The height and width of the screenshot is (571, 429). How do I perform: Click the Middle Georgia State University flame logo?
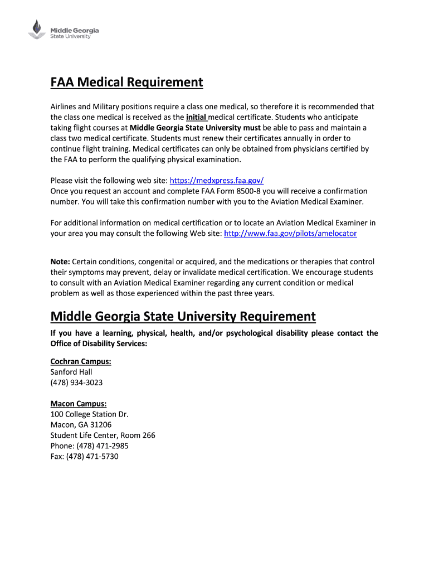pyautogui.click(x=37, y=29)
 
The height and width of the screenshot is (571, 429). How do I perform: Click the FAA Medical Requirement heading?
pyautogui.click(x=126, y=83)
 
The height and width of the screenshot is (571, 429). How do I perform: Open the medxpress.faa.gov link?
pyautogui.click(x=216, y=180)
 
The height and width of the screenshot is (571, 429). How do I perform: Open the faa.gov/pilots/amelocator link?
pyautogui.click(x=290, y=234)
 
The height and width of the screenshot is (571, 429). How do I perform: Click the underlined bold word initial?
pyautogui.click(x=196, y=117)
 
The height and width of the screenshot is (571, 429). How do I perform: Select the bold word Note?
pyautogui.click(x=60, y=262)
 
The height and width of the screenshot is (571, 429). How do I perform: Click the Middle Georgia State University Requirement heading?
pyautogui.click(x=183, y=317)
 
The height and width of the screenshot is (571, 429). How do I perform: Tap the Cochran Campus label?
pyautogui.click(x=81, y=361)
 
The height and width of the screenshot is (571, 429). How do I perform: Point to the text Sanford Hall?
pyautogui.click(x=71, y=372)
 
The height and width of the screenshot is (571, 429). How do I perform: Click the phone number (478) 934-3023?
pyautogui.click(x=76, y=383)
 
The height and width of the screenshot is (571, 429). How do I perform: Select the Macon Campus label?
pyautogui.click(x=79, y=403)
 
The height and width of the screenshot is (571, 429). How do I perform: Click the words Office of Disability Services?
pyautogui.click(x=98, y=343)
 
